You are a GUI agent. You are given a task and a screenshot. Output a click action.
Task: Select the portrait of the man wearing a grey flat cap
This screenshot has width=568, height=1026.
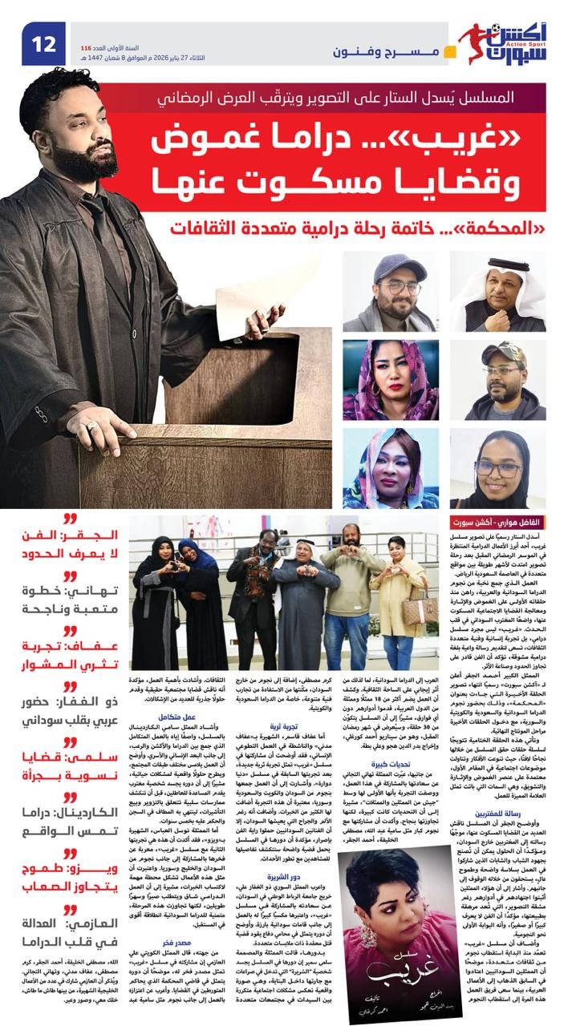click(x=389, y=293)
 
